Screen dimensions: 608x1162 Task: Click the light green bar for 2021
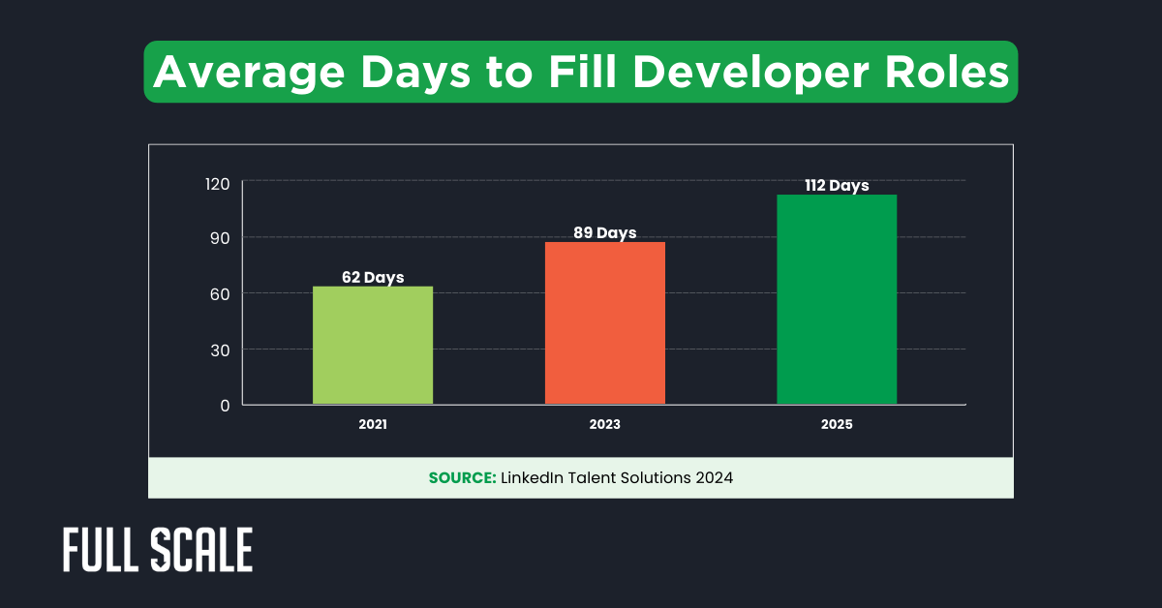click(373, 346)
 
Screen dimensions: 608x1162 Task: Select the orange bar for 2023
click(605, 323)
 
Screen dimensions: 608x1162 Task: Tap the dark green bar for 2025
click(837, 300)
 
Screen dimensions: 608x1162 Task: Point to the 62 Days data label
click(373, 278)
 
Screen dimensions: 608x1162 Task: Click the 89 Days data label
click(605, 233)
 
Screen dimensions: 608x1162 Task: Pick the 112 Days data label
click(837, 186)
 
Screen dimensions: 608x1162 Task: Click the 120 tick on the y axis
click(217, 183)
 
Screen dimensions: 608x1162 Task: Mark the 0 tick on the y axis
click(224, 406)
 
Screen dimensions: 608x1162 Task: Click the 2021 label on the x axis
click(373, 425)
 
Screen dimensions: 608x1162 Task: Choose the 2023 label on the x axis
click(605, 425)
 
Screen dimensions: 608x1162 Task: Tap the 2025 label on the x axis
click(837, 425)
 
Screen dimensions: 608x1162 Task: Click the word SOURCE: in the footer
click(462, 478)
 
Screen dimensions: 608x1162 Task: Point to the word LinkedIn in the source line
click(531, 478)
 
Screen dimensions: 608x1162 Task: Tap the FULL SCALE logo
click(158, 550)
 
